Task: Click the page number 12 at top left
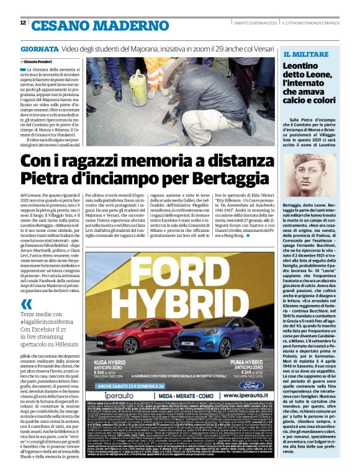click(23, 23)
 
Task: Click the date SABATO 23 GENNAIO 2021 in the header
click(252, 23)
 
